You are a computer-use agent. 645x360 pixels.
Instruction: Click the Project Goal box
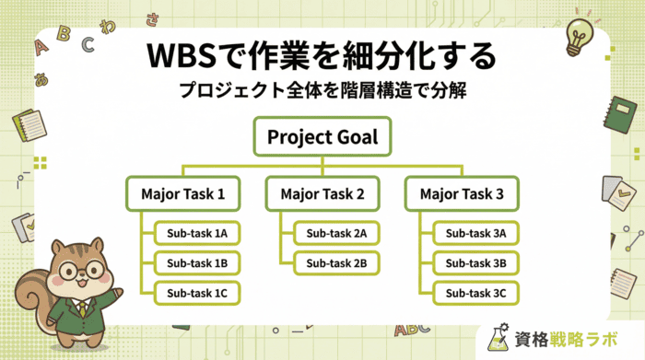click(323, 139)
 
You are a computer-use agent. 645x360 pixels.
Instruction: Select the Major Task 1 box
click(183, 194)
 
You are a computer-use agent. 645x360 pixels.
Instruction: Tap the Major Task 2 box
click(322, 194)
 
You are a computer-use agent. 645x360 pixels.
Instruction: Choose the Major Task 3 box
click(462, 194)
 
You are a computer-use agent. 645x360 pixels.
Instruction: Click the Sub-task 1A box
click(195, 234)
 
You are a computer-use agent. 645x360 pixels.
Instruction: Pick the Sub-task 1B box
click(195, 263)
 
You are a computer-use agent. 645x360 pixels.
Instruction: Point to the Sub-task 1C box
click(195, 294)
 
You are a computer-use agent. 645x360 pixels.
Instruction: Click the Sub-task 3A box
click(474, 234)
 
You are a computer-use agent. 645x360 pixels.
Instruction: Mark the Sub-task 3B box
click(474, 263)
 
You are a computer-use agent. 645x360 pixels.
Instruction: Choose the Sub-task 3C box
click(474, 294)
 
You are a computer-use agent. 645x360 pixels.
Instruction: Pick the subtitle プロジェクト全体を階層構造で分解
click(322, 92)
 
